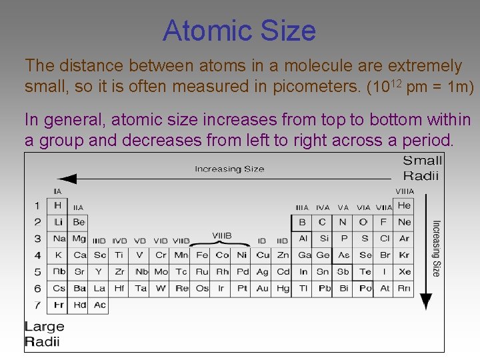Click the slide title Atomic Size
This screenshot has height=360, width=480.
click(x=239, y=31)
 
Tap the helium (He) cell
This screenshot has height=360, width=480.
click(x=404, y=205)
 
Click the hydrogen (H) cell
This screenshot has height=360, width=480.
click(x=57, y=205)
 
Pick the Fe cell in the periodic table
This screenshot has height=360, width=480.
click(x=202, y=255)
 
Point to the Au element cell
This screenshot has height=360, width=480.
click(x=263, y=288)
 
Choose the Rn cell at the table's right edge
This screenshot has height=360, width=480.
click(x=404, y=288)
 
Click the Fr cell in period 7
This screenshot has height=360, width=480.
click(x=58, y=305)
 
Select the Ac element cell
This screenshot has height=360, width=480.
click(x=99, y=305)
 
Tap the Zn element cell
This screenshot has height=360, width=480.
click(x=283, y=255)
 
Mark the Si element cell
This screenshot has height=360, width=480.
click(x=324, y=238)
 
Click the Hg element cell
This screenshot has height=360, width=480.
click(x=283, y=288)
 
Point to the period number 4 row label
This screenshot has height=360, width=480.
click(x=38, y=255)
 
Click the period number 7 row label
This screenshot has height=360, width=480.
click(x=38, y=305)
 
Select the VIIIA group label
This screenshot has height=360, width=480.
click(x=404, y=191)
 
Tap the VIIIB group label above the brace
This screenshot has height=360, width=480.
click(x=222, y=235)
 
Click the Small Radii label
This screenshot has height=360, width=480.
click(x=423, y=167)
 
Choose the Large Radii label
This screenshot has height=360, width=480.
click(x=44, y=334)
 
